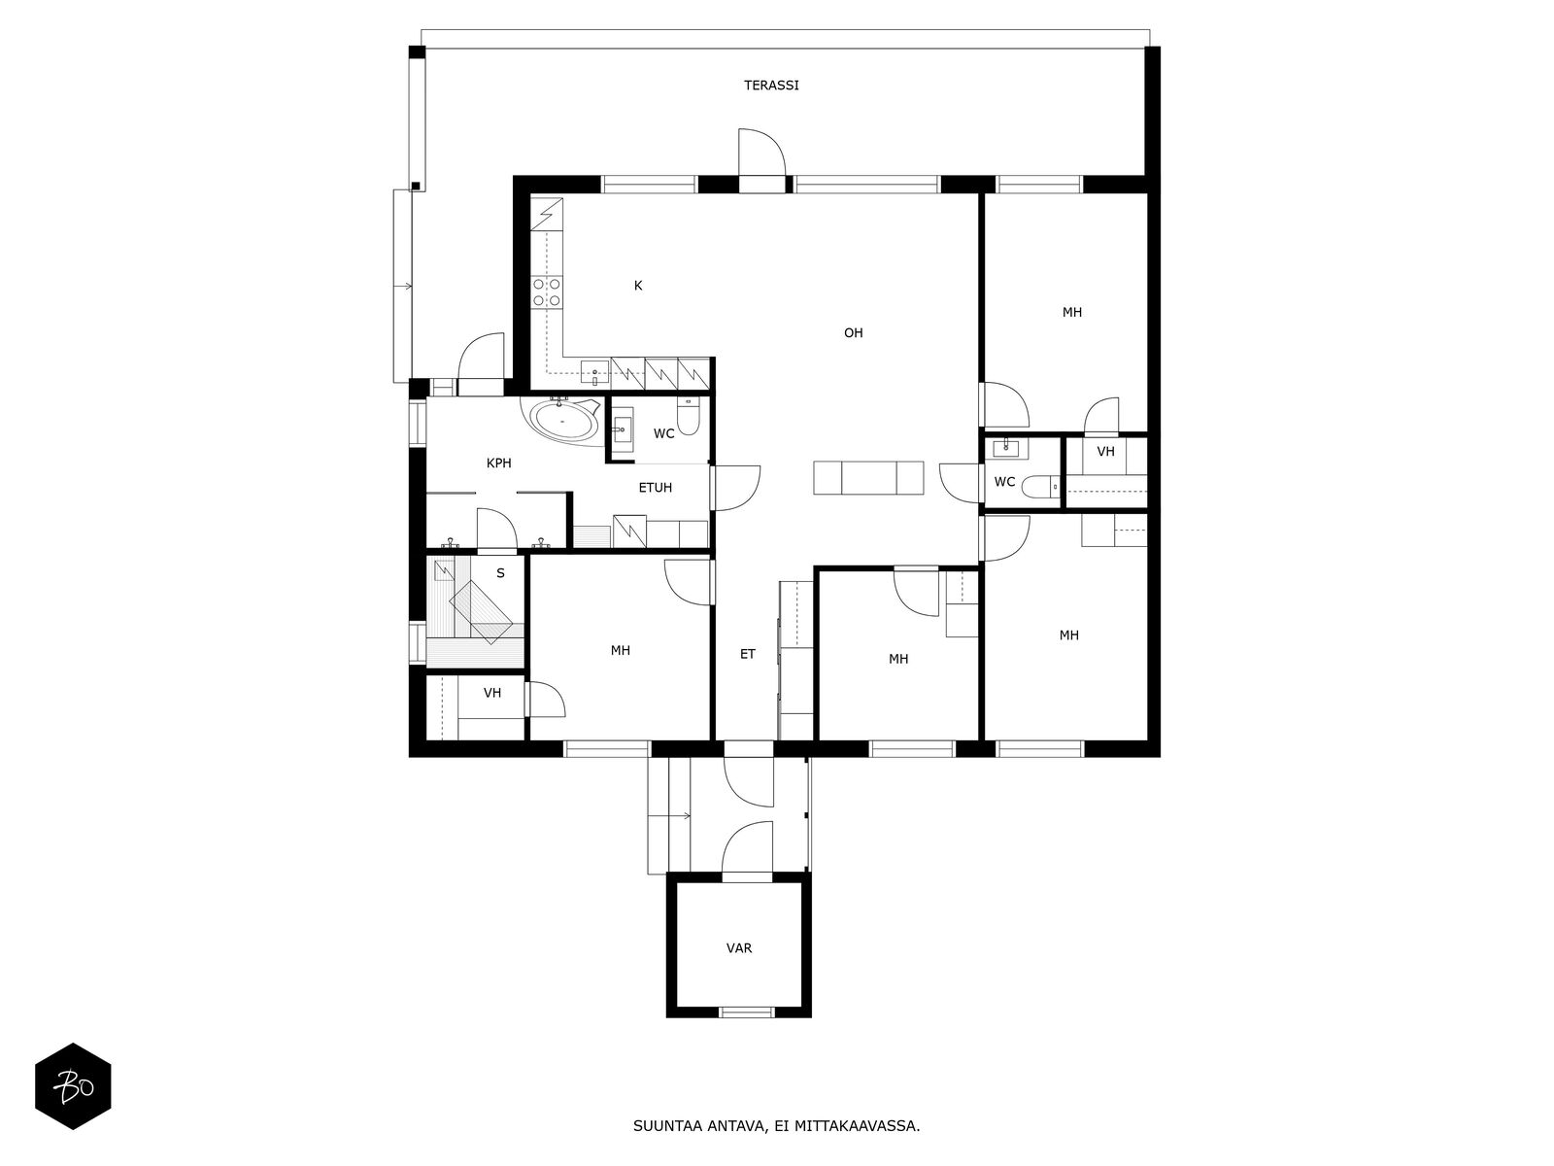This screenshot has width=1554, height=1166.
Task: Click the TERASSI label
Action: tap(771, 86)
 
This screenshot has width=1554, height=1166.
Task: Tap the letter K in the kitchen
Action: tap(638, 286)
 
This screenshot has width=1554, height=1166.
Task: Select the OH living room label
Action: tap(853, 332)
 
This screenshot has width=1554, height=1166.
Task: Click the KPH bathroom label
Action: tap(498, 463)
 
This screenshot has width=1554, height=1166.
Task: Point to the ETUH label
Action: tap(655, 488)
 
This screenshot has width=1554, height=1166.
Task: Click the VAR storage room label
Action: tap(738, 948)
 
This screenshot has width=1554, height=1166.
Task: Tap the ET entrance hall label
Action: tap(748, 654)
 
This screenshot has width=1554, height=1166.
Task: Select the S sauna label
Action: tap(500, 573)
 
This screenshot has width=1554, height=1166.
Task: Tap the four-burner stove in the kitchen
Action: tap(547, 292)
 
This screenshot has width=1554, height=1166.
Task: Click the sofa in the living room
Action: tap(868, 478)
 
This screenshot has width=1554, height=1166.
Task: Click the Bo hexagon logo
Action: tap(73, 1086)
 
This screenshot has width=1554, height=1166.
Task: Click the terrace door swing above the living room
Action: tap(761, 152)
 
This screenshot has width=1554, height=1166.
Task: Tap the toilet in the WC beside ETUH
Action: tap(689, 417)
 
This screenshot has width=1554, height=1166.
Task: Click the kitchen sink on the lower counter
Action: tap(594, 371)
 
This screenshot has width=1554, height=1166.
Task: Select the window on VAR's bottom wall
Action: tap(747, 1012)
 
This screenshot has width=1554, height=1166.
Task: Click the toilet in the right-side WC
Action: tap(1042, 487)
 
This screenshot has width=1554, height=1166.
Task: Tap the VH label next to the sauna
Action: tap(492, 693)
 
